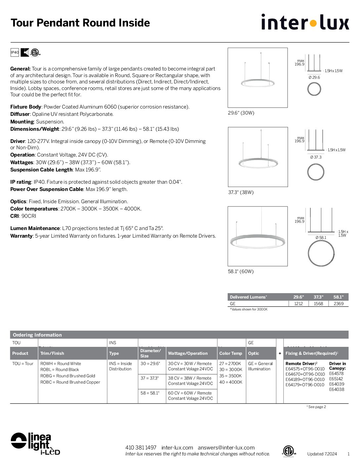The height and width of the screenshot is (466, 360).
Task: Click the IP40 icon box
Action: point(15,52)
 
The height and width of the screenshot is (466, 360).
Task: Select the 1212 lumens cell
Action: point(298,303)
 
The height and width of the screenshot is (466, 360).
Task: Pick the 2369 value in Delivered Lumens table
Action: point(338,303)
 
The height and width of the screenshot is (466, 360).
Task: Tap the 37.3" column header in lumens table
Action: point(318,297)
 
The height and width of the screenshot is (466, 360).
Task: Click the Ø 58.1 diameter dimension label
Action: point(321,237)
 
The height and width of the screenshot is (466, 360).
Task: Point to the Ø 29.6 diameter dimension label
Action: point(314,77)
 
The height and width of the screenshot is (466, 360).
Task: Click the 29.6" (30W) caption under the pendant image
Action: point(241,113)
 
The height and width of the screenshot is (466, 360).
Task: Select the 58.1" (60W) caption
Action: point(241,271)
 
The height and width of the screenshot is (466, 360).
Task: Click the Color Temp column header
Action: point(231,353)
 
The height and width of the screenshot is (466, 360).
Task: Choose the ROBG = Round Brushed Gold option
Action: point(67,376)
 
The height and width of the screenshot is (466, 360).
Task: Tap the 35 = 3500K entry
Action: point(231,376)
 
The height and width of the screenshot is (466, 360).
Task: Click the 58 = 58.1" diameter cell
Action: point(150,393)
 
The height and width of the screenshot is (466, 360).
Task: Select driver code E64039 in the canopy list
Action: point(337,384)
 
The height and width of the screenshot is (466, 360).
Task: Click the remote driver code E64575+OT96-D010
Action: point(305,369)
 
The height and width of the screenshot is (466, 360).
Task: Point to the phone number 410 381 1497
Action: point(141,447)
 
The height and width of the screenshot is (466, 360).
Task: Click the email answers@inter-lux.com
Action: point(226,447)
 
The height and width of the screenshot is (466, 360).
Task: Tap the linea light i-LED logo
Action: point(35,443)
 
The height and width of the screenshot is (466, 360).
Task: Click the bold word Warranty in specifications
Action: point(21,236)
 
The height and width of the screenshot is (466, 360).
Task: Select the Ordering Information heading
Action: point(37,335)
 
